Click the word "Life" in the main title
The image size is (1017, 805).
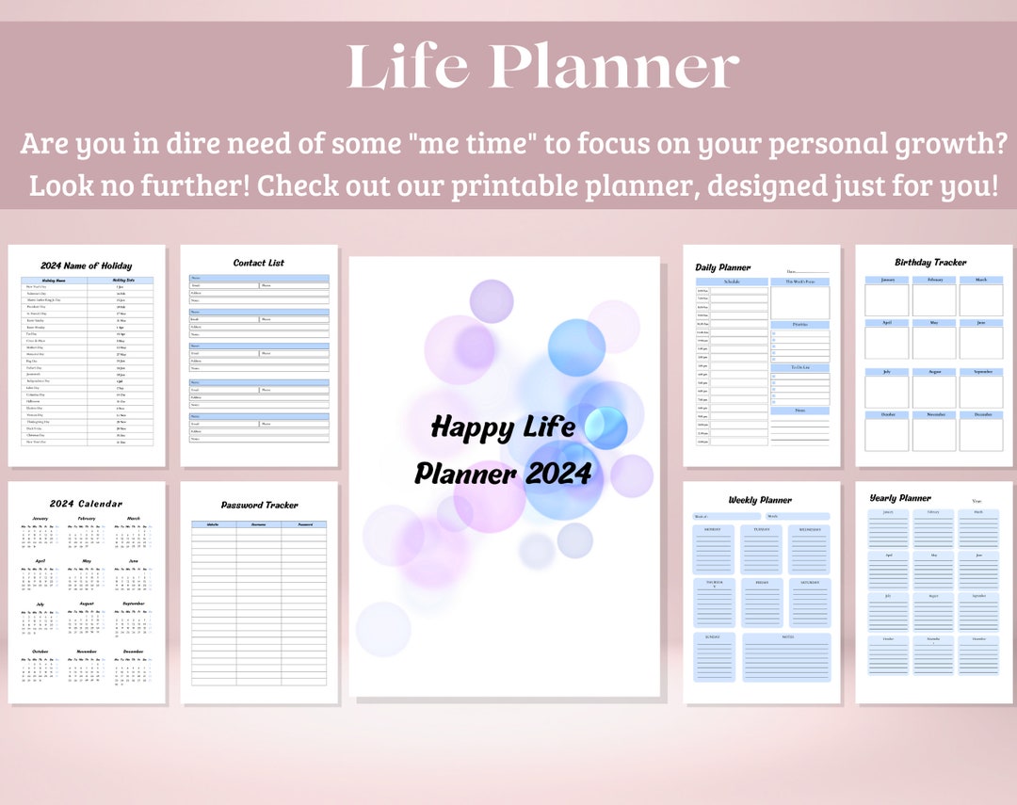pyautogui.click(x=411, y=69)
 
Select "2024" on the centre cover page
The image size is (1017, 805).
pyautogui.click(x=558, y=473)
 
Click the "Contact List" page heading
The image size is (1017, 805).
pyautogui.click(x=258, y=263)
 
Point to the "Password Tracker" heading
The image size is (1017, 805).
pyautogui.click(x=259, y=506)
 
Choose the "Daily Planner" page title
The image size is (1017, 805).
pyautogui.click(x=723, y=267)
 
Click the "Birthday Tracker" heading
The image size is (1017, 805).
pyautogui.click(x=930, y=263)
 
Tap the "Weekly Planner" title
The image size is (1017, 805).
pyautogui.click(x=760, y=500)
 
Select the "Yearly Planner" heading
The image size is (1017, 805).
pyautogui.click(x=900, y=498)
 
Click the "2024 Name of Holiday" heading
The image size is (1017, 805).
pyautogui.click(x=87, y=266)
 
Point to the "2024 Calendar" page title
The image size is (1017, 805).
pyautogui.click(x=86, y=504)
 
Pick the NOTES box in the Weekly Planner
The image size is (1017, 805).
pyautogui.click(x=786, y=656)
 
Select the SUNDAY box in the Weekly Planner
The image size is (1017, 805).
pyautogui.click(x=713, y=656)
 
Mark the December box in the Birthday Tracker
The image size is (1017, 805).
pyautogui.click(x=980, y=431)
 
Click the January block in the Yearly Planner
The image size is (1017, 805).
pyautogui.click(x=887, y=528)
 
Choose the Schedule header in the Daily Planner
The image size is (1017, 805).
pyautogui.click(x=732, y=282)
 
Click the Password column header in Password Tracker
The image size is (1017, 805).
pyautogui.click(x=303, y=524)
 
